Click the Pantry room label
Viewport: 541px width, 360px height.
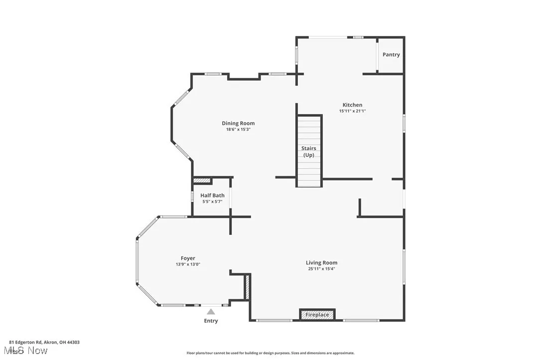pyautogui.click(x=391, y=55)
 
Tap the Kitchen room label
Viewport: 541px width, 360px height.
pyautogui.click(x=352, y=105)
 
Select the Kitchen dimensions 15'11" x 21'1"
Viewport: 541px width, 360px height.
pyautogui.click(x=352, y=111)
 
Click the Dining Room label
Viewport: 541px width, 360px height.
pyautogui.click(x=238, y=123)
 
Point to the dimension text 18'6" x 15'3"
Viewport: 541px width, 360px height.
pyautogui.click(x=238, y=129)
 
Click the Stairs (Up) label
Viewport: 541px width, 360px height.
pyautogui.click(x=309, y=151)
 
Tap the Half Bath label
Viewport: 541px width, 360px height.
pyautogui.click(x=212, y=196)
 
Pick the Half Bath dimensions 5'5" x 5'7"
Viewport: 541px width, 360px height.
pyautogui.click(x=212, y=202)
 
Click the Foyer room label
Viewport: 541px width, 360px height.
pyautogui.click(x=188, y=258)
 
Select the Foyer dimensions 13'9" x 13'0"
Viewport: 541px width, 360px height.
pyautogui.click(x=188, y=264)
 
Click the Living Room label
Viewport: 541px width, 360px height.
pyautogui.click(x=321, y=263)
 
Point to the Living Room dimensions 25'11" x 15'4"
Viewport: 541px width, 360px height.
pyautogui.click(x=321, y=269)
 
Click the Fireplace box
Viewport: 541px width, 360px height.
pyautogui.click(x=317, y=315)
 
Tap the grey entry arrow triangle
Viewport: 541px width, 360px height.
pyautogui.click(x=211, y=312)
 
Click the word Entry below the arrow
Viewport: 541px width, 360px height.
pyautogui.click(x=211, y=321)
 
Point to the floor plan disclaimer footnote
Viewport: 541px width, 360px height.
pyautogui.click(x=270, y=353)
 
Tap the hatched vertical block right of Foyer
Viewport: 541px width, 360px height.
pyautogui.click(x=246, y=287)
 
